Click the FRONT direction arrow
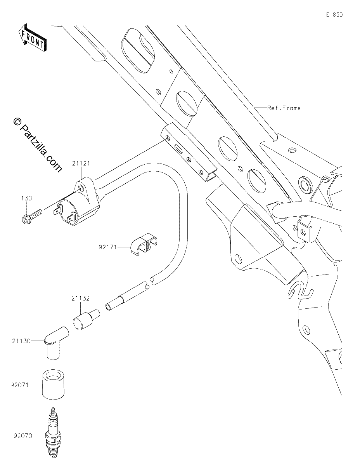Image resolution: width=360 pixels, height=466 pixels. (32, 37)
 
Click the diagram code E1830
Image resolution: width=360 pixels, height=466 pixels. (334, 15)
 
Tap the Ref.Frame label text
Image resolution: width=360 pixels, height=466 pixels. (284, 108)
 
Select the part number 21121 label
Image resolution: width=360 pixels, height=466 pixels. (81, 163)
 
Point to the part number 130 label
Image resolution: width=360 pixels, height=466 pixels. (26, 198)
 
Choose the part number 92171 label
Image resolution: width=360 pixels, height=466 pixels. (107, 247)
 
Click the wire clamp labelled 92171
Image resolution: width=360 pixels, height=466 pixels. (144, 245)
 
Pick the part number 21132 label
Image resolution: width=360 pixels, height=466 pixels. (80, 298)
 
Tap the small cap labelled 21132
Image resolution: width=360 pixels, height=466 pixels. (86, 320)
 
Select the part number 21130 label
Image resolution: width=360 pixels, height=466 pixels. (21, 341)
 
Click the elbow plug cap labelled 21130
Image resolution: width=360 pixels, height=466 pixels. (55, 343)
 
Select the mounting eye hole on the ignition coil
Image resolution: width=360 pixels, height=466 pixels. (81, 188)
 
